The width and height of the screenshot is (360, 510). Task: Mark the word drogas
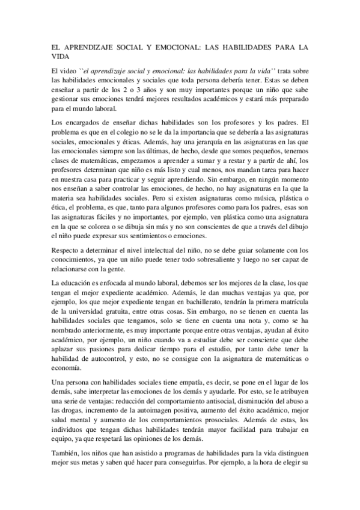[x=75, y=428]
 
